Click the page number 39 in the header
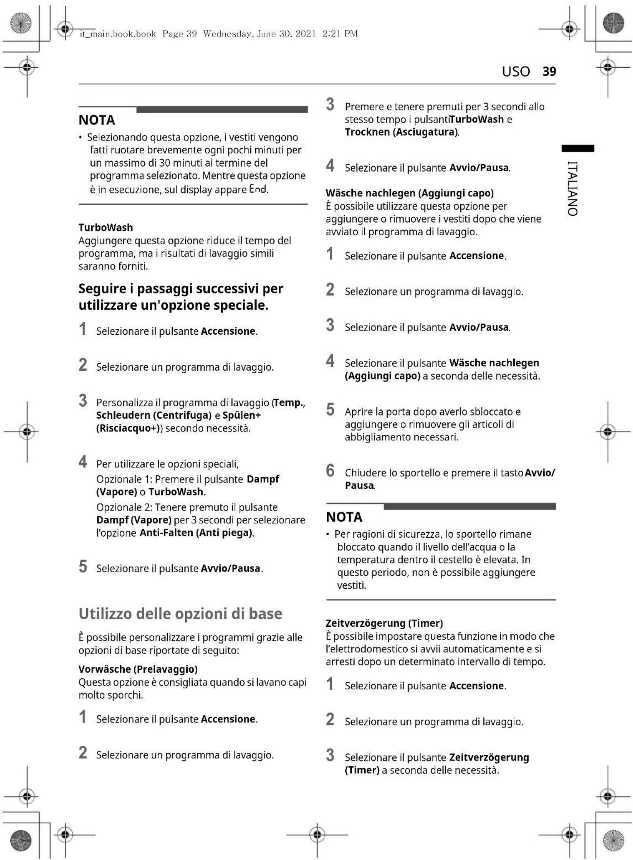[x=549, y=71]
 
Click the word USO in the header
[x=516, y=72]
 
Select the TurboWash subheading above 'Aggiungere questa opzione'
[x=106, y=227]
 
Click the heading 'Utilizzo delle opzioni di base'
[x=180, y=614]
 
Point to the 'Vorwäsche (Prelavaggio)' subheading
[x=138, y=669]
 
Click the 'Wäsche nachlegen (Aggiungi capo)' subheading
[x=409, y=193]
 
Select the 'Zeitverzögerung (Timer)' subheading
[x=384, y=623]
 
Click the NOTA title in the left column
[x=97, y=120]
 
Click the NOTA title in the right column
[x=344, y=517]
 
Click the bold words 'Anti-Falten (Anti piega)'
[x=196, y=533]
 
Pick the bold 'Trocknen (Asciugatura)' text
[x=401, y=132]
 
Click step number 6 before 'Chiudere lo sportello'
[x=330, y=471]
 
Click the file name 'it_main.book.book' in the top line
[x=118, y=34]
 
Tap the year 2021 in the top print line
[x=305, y=34]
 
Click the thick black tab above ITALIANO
[x=577, y=148]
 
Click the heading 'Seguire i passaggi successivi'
[x=181, y=297]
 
